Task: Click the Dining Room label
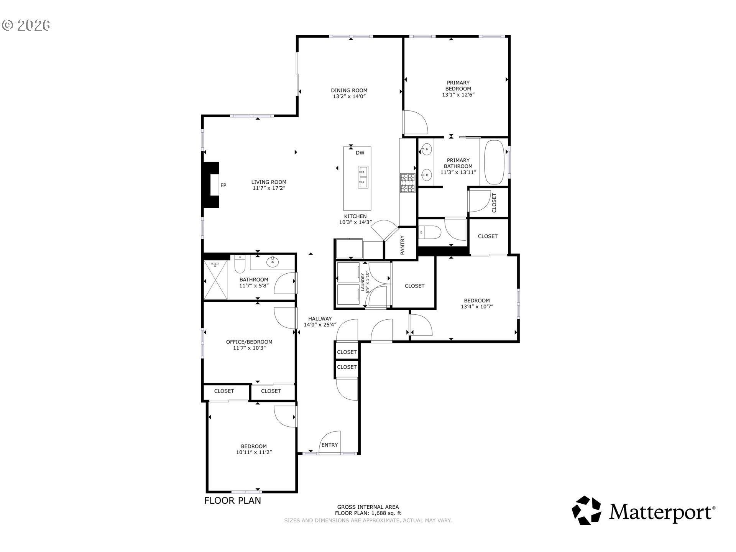349,90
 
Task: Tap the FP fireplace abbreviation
223,186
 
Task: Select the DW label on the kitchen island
360,153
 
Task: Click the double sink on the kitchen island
363,177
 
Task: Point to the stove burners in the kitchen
407,183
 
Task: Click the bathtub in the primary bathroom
496,163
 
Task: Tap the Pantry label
402,245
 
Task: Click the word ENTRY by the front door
330,445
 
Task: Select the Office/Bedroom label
249,342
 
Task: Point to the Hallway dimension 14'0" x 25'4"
320,325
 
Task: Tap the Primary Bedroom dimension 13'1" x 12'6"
458,95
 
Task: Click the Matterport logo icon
586,510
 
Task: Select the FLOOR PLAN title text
233,500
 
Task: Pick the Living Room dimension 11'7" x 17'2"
269,188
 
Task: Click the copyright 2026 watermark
26,25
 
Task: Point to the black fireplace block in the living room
210,185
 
